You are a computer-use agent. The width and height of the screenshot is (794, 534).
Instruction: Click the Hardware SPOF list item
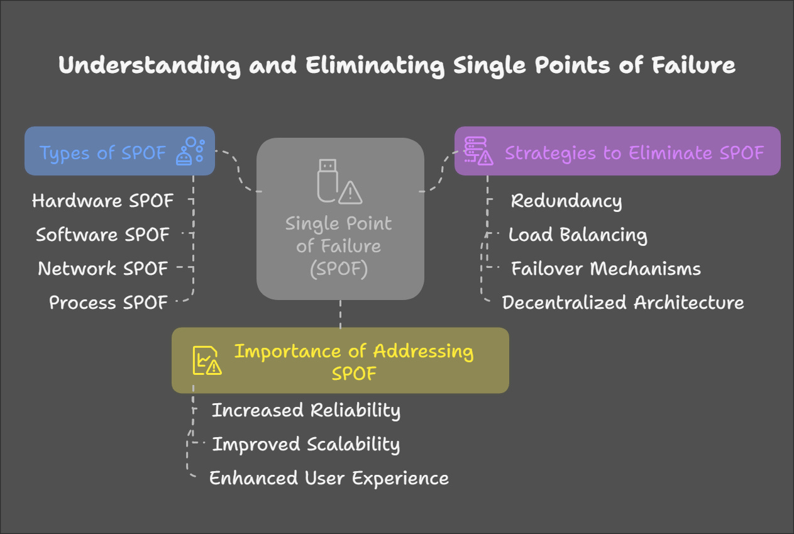point(102,201)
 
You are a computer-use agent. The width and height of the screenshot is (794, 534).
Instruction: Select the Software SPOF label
point(102,235)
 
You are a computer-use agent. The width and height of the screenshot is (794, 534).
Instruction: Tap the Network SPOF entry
point(102,269)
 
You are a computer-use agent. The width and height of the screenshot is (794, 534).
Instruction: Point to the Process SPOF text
point(108,303)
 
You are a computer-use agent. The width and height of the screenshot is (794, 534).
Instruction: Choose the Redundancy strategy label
point(566,201)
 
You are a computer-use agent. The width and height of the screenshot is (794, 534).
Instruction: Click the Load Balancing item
point(577,235)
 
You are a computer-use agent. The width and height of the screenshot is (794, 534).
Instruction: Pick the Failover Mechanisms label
point(605,269)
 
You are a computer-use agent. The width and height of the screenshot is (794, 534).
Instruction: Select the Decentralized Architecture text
point(622,303)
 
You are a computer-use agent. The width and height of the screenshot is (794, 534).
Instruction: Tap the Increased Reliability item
point(306,410)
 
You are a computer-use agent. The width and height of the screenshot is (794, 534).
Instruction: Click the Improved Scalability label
point(306,444)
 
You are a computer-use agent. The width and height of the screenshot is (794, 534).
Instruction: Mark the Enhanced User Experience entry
point(329,478)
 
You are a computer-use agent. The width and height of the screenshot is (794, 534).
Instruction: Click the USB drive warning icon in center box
point(338,182)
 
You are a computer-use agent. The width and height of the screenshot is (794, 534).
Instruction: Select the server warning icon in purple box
point(478,151)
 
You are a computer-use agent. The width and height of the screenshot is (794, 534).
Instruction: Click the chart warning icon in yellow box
point(206,360)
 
